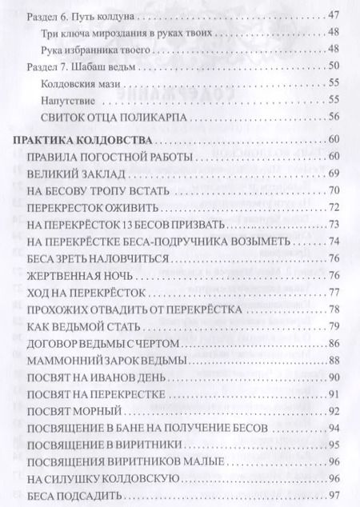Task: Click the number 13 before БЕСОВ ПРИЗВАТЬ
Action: pyautogui.click(x=121, y=224)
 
